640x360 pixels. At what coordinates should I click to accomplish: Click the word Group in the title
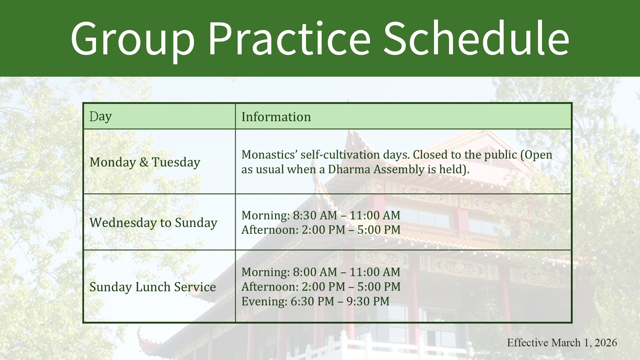click(x=133, y=39)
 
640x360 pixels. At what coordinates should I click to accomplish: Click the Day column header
click(x=100, y=117)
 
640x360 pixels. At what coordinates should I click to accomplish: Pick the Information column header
click(x=276, y=117)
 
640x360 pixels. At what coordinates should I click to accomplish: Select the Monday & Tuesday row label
click(x=145, y=162)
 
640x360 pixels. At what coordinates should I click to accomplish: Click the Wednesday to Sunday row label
click(x=153, y=222)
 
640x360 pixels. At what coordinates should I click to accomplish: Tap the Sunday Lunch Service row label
click(x=153, y=287)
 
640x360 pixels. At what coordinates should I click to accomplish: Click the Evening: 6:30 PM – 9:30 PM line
click(x=315, y=301)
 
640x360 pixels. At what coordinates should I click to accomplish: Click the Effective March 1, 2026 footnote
click(x=562, y=343)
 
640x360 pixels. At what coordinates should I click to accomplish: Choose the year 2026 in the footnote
click(x=605, y=343)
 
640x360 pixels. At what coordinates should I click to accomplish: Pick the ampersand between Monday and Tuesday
click(x=144, y=162)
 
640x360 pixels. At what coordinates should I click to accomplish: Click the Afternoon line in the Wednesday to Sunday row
click(x=321, y=230)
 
